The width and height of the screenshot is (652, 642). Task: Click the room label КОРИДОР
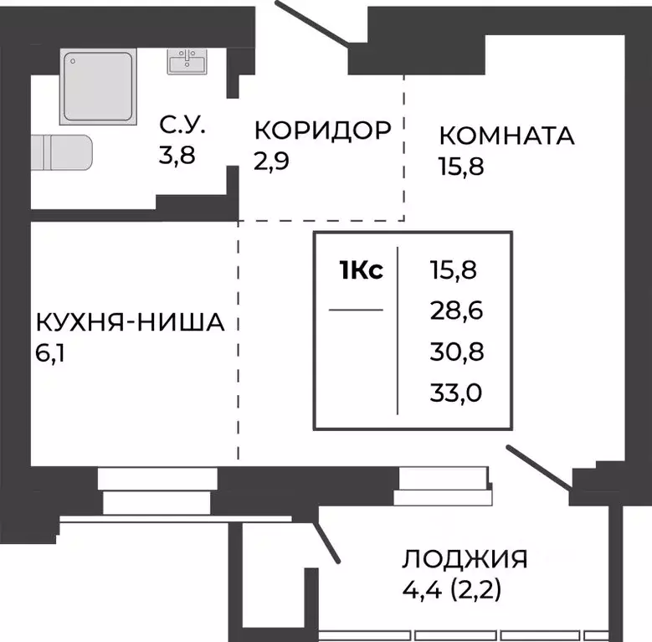[322, 131]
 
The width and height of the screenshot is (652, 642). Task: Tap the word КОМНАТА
[506, 136]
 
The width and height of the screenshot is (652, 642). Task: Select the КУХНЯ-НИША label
[130, 322]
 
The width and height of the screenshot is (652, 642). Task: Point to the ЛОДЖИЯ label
[465, 559]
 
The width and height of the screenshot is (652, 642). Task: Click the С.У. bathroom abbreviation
[182, 129]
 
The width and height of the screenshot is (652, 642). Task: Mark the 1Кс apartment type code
[361, 270]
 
